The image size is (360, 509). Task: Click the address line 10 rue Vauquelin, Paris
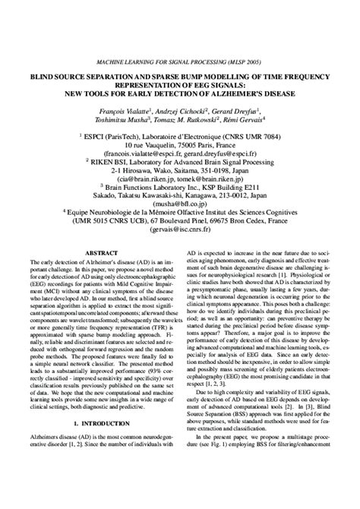click(x=180, y=144)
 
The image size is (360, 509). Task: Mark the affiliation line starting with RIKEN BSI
click(x=180, y=162)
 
